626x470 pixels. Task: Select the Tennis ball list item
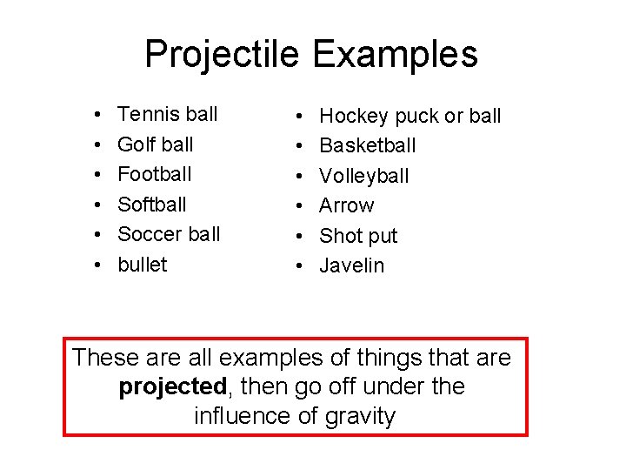(167, 114)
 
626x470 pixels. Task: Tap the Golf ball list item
(155, 144)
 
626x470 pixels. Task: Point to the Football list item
(154, 174)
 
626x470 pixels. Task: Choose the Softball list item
(151, 205)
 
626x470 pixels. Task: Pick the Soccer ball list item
(169, 234)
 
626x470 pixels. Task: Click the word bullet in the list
(142, 264)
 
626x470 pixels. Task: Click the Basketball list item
(367, 145)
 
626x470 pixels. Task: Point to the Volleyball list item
(363, 176)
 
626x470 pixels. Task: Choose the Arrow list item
(346, 205)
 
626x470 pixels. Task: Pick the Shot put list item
(358, 236)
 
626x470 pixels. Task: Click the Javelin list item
(351, 265)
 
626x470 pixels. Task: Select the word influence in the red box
(242, 416)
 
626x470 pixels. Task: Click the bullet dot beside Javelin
(299, 266)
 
